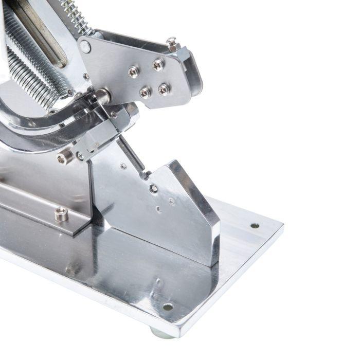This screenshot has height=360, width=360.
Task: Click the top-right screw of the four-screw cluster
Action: [x=158, y=65]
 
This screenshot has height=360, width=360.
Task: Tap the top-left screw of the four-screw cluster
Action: [x=134, y=71]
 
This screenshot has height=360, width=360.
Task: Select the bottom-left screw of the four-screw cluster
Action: [x=146, y=93]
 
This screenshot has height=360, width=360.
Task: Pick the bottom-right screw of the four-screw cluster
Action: [x=164, y=89]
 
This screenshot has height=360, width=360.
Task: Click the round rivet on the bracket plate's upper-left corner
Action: [x=85, y=47]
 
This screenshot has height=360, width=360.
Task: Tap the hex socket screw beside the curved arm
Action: [x=65, y=157]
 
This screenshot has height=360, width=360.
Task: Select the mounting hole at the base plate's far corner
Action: [x=255, y=225]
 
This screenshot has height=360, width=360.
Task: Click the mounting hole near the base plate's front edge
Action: [x=168, y=307]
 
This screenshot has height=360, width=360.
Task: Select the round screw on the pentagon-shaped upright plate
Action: [x=153, y=189]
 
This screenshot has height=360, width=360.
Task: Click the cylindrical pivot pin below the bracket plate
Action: [x=102, y=96]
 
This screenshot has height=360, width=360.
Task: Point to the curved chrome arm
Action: [x=31, y=129]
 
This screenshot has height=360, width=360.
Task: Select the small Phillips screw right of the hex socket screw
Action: [x=80, y=155]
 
